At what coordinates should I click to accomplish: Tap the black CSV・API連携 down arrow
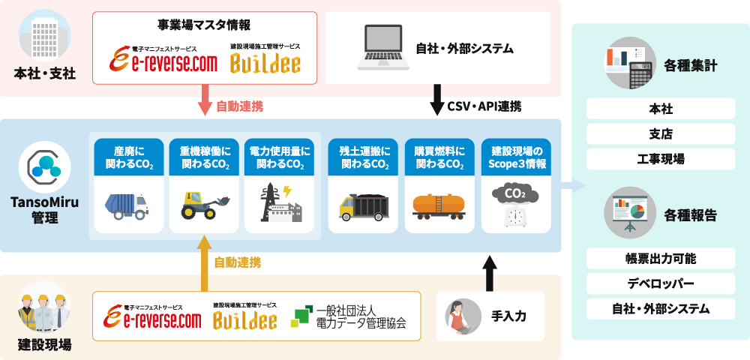click(x=436, y=100)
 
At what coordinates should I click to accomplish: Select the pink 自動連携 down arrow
click(x=203, y=100)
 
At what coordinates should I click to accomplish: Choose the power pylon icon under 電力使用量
click(x=279, y=203)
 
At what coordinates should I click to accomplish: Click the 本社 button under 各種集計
click(x=660, y=109)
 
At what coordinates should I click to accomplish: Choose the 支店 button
click(x=660, y=134)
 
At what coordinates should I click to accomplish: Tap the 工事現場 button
click(x=660, y=159)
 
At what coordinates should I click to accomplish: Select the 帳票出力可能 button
click(x=660, y=259)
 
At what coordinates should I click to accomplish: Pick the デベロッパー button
click(x=660, y=283)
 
